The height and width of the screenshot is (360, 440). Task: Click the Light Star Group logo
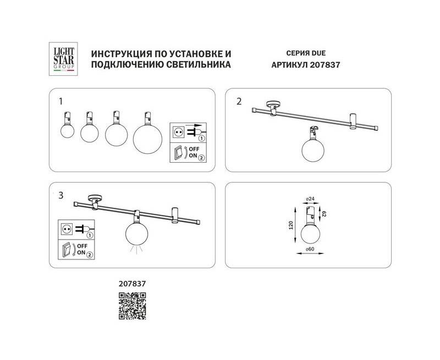[63, 59]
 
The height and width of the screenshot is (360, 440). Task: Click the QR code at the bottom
[132, 306]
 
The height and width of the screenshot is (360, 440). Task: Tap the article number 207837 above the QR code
[132, 284]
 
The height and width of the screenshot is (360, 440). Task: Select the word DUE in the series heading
[318, 53]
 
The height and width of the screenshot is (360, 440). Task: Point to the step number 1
[61, 102]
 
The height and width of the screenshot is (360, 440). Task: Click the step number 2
[239, 102]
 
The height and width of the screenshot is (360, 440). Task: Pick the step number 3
[61, 196]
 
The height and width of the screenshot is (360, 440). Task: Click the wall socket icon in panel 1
[178, 131]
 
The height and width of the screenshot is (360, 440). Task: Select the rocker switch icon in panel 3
[65, 250]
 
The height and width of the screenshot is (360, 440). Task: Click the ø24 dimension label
[310, 199]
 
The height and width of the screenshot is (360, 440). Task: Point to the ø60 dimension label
[310, 249]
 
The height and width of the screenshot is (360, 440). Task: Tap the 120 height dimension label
[291, 225]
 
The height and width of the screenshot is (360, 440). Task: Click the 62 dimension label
[324, 214]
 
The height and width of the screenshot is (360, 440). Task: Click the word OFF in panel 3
[82, 246]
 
